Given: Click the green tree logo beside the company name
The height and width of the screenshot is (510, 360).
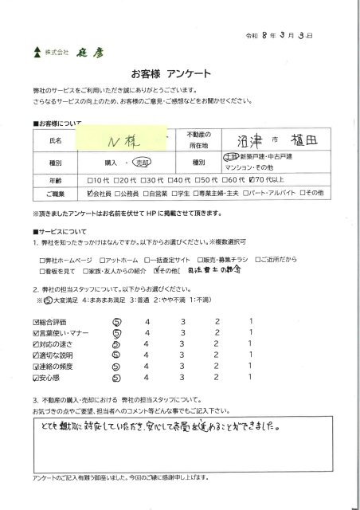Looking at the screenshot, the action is click(36, 54).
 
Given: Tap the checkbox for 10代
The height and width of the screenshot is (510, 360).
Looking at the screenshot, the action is click(90, 180).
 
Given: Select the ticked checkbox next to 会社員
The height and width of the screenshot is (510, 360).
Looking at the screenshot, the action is click(89, 194).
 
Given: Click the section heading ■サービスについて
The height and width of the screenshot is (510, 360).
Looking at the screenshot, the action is click(57, 229).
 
